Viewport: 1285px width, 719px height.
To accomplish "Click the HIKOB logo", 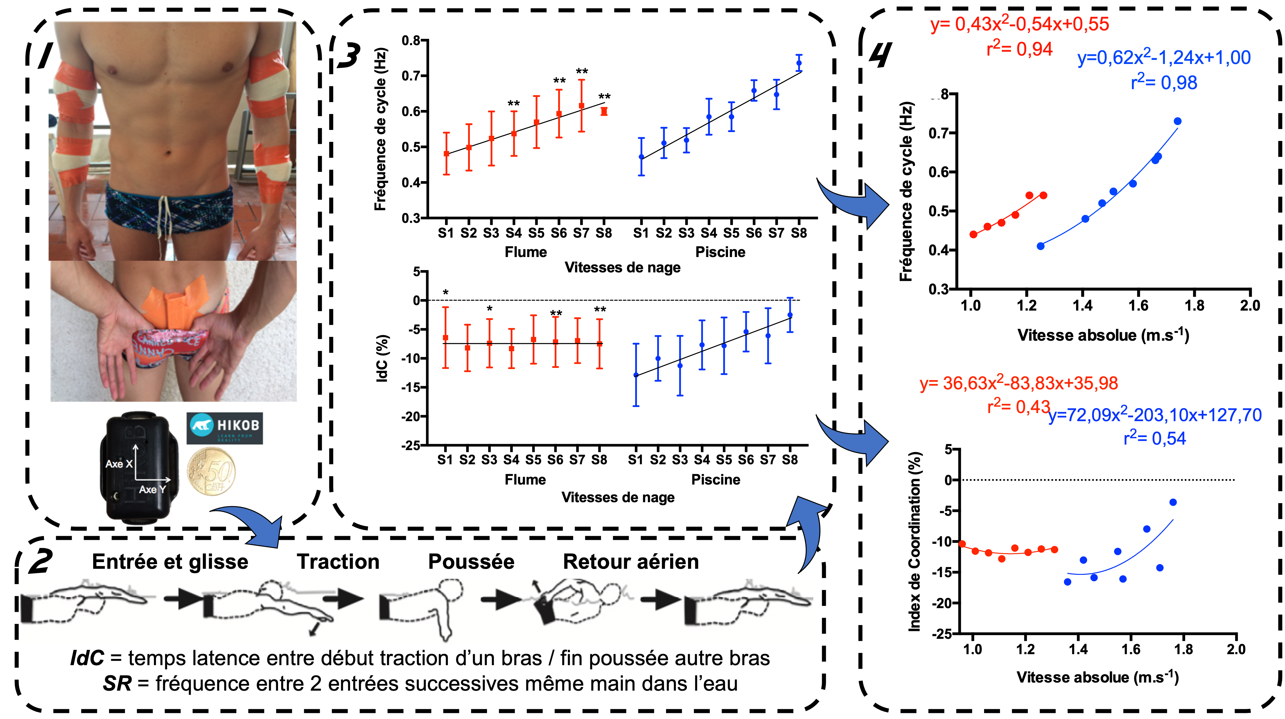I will [225, 428].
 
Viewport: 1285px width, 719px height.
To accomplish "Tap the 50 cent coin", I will [211, 472].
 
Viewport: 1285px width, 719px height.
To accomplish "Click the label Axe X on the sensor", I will [119, 463].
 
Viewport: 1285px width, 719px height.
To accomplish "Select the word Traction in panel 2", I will [338, 562].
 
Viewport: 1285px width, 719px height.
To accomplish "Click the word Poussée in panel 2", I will [471, 562].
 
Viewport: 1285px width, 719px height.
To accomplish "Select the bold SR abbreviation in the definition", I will [117, 684].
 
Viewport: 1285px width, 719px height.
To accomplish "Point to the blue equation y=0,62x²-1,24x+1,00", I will [1164, 58].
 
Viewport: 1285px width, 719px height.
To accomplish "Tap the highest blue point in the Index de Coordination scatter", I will [1173, 502].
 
